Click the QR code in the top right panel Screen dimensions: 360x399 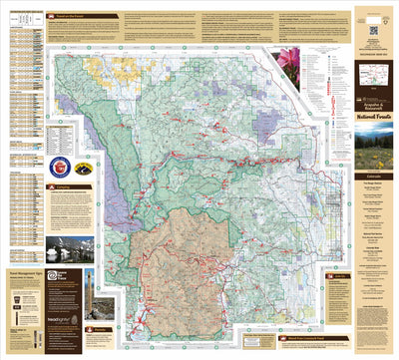point(373,30)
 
